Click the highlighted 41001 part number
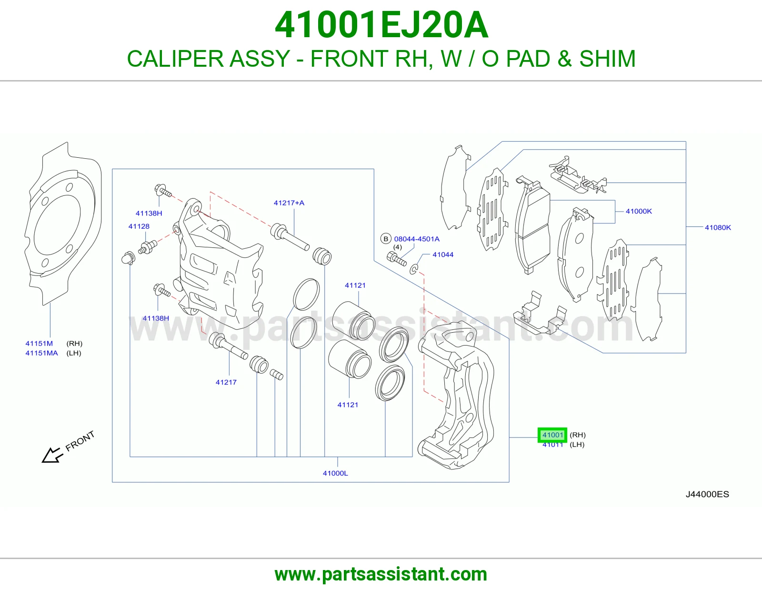pos(552,435)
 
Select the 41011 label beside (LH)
pos(552,445)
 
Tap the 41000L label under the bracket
pos(335,473)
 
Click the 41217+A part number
pos(289,203)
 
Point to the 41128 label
pos(139,226)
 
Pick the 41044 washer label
pos(443,255)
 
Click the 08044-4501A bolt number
pos(417,239)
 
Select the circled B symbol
pos(386,239)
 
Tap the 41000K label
pos(639,211)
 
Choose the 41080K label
pos(718,227)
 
